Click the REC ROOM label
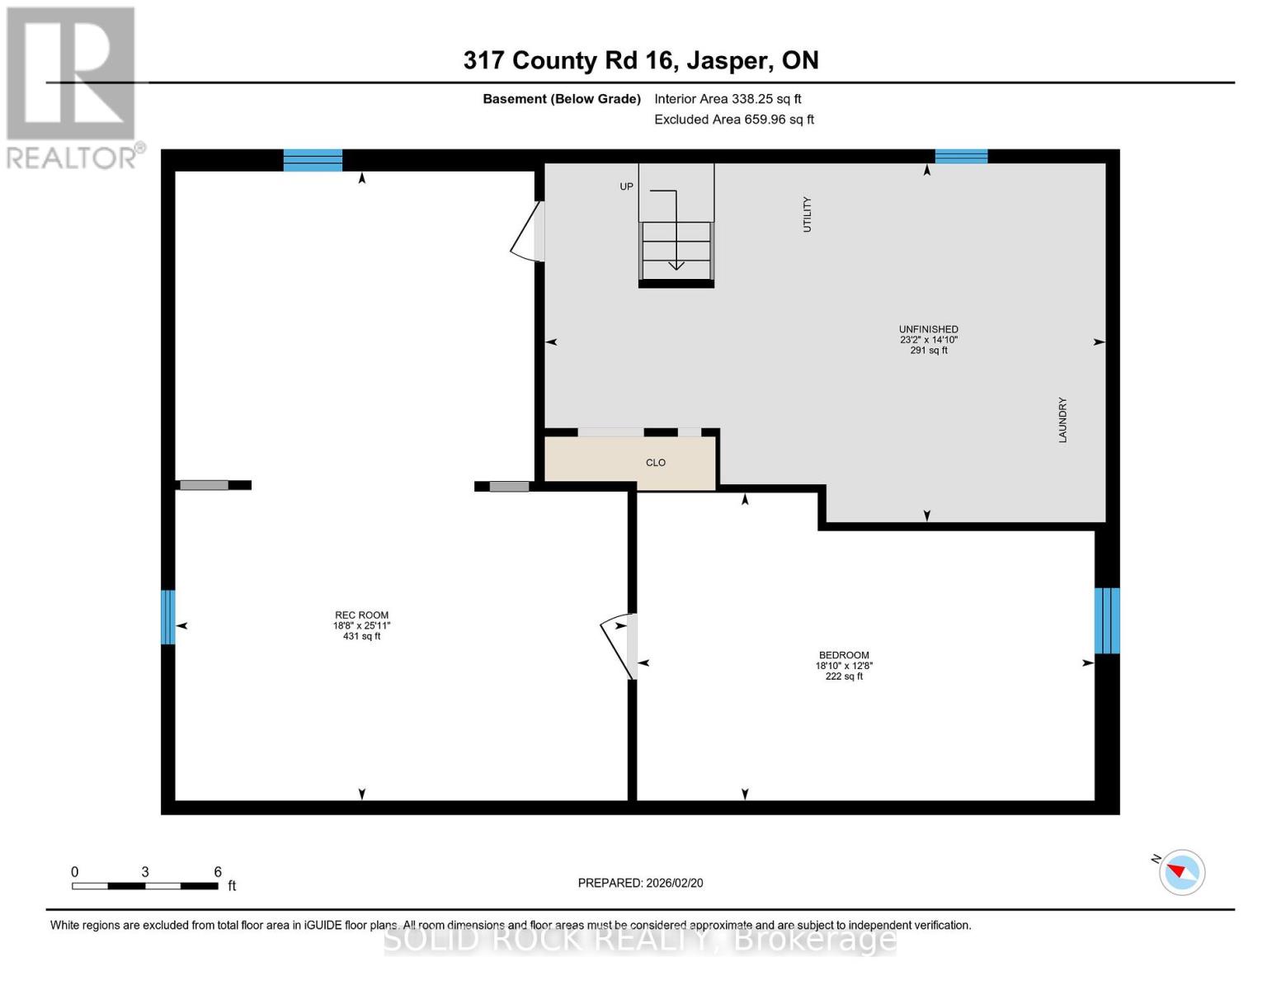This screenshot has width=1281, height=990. click(361, 615)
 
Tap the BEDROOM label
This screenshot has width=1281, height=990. click(844, 655)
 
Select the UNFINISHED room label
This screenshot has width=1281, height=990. click(928, 329)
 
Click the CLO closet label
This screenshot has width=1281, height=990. click(656, 463)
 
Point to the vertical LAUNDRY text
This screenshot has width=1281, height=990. click(1062, 420)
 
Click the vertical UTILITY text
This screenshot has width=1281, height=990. click(808, 214)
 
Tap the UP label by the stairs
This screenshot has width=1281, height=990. click(627, 186)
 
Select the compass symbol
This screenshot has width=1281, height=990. click(1181, 872)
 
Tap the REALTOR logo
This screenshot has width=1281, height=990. click(73, 87)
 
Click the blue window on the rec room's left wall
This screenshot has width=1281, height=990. click(168, 617)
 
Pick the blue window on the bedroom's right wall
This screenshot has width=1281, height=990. click(1106, 620)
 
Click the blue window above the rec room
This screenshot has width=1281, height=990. click(313, 160)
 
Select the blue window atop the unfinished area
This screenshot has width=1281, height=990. click(961, 157)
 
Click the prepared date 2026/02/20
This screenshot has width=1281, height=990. click(640, 883)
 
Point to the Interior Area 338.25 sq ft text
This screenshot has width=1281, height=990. click(728, 99)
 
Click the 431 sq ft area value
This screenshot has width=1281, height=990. click(361, 636)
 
